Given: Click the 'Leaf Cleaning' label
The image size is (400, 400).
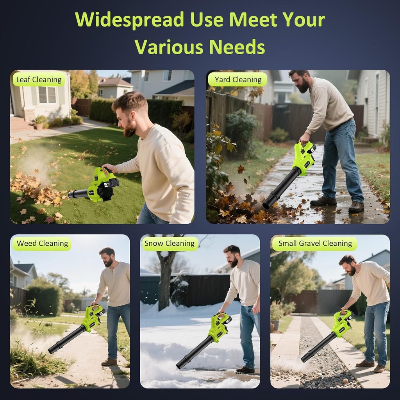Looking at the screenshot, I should point(39,80).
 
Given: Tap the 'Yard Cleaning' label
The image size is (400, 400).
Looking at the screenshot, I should point(238,80).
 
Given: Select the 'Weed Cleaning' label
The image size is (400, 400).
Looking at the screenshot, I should point(42,243).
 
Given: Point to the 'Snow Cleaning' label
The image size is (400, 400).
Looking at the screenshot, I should point(169,243).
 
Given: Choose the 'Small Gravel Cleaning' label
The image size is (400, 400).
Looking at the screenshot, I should point(315,243).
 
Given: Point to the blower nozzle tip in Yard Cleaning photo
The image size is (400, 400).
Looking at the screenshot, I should point(268,204).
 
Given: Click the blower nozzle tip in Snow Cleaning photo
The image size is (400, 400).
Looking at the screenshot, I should point(180,364).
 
